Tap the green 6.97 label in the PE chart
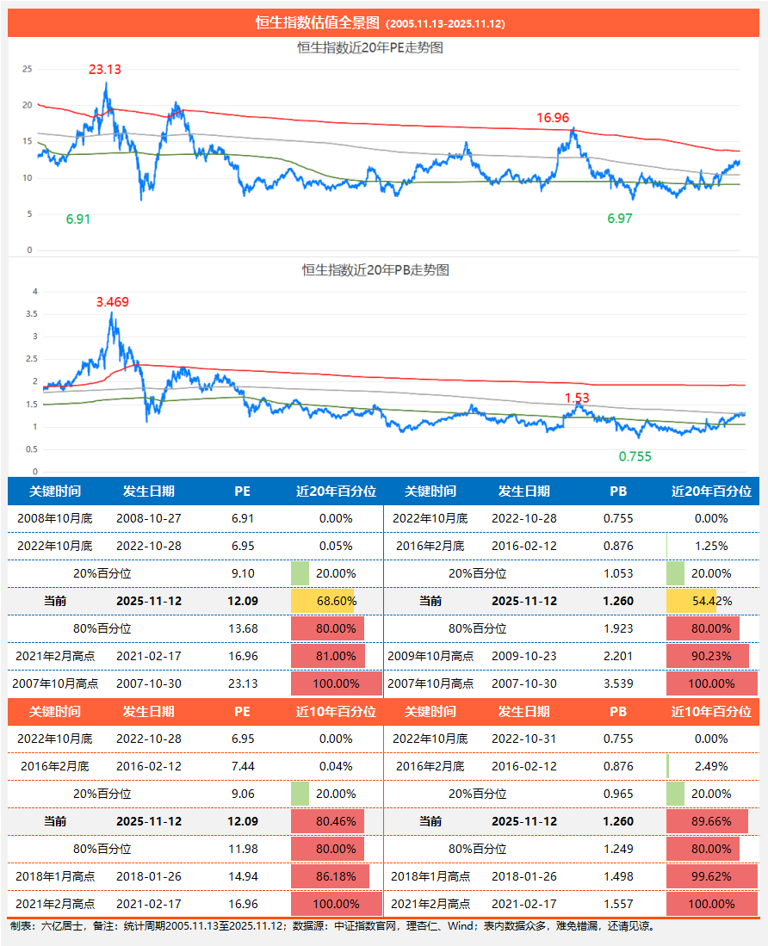coord(620,219)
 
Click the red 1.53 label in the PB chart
coord(577,398)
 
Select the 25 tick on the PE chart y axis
coord(27,69)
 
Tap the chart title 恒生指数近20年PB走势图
coord(375,269)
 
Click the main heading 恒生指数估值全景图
coord(319,23)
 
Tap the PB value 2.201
coord(618,656)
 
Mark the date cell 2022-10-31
coord(524,739)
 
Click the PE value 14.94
coord(243,876)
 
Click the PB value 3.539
coord(618,683)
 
